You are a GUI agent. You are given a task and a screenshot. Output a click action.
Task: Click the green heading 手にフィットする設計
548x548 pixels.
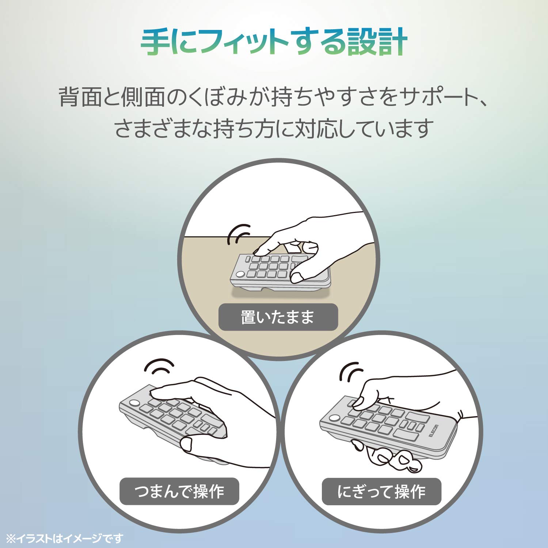click(x=274, y=42)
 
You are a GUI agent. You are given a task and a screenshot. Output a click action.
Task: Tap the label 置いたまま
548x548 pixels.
click(x=278, y=317)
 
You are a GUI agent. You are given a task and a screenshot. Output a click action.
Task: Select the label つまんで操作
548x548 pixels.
click(x=179, y=491)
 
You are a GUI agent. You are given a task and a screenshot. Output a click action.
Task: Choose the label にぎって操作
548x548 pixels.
click(x=381, y=492)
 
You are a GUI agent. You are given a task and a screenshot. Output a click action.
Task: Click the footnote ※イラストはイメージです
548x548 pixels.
click(x=65, y=538)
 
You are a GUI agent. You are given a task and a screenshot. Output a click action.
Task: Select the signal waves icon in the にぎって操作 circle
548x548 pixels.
click(x=351, y=372)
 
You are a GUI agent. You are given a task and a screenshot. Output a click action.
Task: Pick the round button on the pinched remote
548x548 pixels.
click(x=134, y=403)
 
